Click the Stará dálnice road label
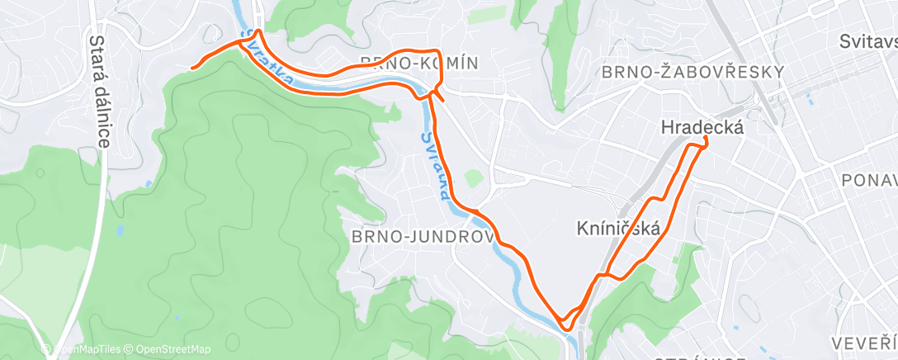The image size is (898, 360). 100,91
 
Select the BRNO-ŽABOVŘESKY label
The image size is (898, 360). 692,72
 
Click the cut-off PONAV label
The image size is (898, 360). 868,179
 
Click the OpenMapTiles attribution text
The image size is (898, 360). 85,349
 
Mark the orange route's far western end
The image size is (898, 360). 192,67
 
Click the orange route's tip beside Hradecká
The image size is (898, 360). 707,143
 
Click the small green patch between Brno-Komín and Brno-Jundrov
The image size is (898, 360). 472,178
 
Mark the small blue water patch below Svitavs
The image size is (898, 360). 809,101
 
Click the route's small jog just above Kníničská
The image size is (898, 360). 656,200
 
